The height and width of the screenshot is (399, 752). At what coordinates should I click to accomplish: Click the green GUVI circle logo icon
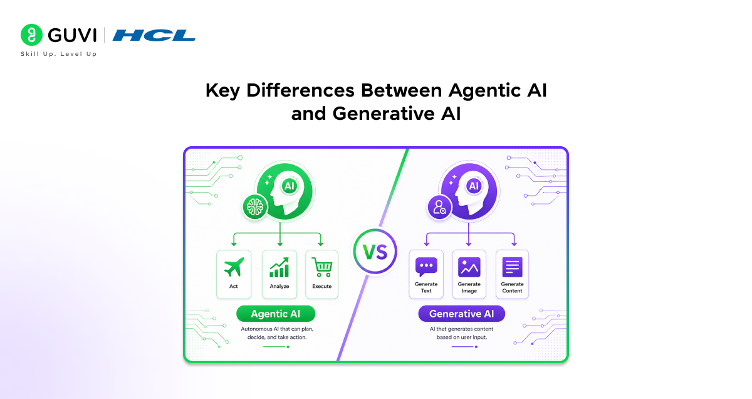[31, 35]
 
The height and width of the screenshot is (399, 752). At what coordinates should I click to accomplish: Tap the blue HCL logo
[154, 35]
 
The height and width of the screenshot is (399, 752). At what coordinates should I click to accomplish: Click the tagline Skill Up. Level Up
[59, 54]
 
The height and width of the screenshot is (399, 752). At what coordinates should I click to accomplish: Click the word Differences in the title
[300, 90]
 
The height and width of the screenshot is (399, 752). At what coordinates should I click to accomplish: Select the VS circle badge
[375, 252]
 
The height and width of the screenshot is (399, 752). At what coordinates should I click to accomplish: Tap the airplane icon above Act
[234, 267]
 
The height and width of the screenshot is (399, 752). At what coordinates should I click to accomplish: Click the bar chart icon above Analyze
[279, 268]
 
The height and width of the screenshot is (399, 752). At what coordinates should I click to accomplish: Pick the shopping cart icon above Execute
[322, 267]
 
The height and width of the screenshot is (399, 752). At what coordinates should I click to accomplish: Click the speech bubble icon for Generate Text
[426, 267]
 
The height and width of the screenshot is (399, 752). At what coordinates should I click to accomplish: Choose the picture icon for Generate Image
[469, 267]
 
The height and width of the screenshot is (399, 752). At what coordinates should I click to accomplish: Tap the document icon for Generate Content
[513, 267]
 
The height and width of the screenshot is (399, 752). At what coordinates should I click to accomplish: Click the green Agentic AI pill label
[276, 314]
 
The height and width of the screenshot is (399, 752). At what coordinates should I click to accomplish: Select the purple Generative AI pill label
[462, 314]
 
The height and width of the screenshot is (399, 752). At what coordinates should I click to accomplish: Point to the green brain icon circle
[255, 207]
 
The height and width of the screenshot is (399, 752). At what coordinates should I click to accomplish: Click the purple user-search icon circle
[439, 207]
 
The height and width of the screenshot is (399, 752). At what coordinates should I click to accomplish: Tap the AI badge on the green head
[290, 186]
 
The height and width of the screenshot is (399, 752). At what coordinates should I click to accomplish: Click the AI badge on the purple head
[474, 186]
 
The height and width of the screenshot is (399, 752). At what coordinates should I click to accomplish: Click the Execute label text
[322, 287]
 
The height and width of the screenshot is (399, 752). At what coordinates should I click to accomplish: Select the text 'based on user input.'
[462, 337]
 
